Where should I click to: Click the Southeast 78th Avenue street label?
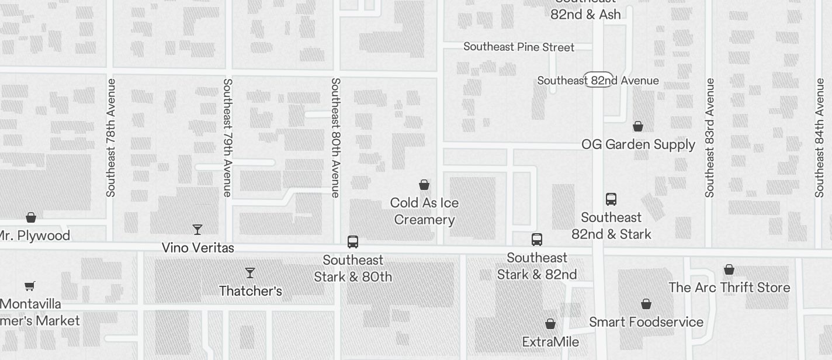point(111,137)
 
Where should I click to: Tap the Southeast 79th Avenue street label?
point(227,137)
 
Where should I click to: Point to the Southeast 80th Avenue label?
point(335,137)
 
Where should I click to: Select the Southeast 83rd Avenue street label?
point(710,137)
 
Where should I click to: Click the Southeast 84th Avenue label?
point(820,137)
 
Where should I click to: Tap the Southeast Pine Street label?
point(519,47)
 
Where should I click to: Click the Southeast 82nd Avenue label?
point(598,81)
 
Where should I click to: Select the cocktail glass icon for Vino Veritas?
point(197,229)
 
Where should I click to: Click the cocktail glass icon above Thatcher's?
point(250,272)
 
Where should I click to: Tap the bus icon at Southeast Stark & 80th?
point(353,242)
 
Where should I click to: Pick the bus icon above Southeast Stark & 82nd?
point(537,240)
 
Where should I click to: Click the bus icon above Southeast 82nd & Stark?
point(611,199)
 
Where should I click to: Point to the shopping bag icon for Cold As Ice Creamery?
point(424,185)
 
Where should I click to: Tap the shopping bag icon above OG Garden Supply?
point(638,126)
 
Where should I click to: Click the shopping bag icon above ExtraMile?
point(550,324)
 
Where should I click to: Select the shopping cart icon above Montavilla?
point(30,286)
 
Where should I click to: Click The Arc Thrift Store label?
point(729,288)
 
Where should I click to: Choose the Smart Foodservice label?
point(646,322)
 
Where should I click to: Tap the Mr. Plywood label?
point(34,236)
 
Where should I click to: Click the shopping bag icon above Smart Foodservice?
point(646,304)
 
